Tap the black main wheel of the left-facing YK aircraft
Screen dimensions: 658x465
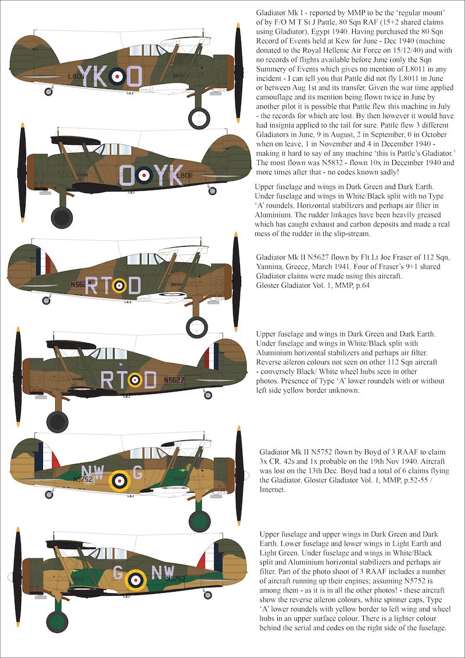pos(61,216)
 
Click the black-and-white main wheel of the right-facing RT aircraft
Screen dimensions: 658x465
pos(196,326)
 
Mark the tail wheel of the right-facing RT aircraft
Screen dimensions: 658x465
pos(46,300)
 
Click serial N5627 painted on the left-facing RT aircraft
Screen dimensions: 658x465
pos(174,380)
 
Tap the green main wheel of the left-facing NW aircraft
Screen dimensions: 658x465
pos(58,621)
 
